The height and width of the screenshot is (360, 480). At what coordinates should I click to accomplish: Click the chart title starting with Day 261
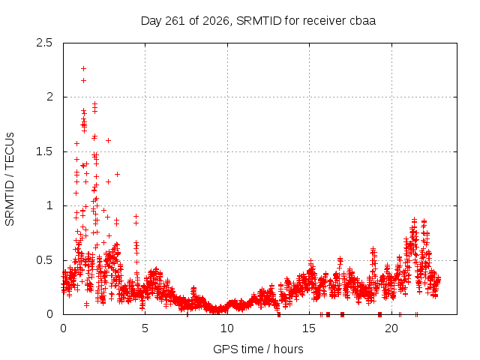tap(258, 21)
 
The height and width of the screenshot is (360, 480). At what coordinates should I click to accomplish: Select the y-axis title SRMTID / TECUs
tap(10, 179)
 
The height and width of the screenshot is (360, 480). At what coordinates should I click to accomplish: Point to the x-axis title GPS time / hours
tap(258, 349)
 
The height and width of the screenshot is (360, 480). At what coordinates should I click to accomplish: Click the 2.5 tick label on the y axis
tap(44, 43)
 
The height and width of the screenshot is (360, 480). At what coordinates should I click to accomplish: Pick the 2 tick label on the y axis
tap(49, 97)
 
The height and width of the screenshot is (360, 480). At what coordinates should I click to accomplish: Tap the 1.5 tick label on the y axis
tap(44, 151)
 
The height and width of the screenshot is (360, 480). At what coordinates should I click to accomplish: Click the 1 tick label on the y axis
tap(49, 205)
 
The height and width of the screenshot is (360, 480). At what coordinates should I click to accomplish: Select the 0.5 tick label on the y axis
tap(44, 260)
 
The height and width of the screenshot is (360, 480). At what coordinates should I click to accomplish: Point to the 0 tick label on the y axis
tap(49, 314)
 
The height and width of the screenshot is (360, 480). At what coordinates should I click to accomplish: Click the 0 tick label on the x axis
tap(63, 328)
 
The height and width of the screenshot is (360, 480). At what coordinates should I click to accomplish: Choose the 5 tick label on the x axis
tap(145, 328)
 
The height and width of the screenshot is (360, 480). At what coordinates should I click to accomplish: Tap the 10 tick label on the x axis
tap(227, 328)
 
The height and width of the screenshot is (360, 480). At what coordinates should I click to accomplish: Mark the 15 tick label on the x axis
tap(309, 328)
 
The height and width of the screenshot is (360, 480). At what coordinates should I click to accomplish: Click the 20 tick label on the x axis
tap(391, 328)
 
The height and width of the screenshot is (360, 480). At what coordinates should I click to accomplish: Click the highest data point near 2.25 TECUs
tap(83, 68)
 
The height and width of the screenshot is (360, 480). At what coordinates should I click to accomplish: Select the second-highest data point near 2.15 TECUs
tap(83, 80)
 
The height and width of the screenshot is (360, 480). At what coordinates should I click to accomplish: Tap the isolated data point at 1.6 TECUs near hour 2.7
tap(108, 140)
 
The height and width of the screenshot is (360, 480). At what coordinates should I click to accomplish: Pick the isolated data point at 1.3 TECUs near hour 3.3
tap(117, 174)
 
